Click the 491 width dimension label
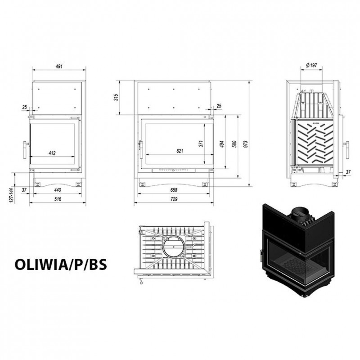(x=59, y=66)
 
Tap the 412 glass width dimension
(x=52, y=153)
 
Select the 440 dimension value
(x=58, y=190)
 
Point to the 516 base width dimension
(x=58, y=199)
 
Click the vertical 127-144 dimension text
(x=12, y=195)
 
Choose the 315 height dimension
(x=116, y=97)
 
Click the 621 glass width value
(x=180, y=151)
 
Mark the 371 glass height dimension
(x=201, y=144)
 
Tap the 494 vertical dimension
(x=222, y=144)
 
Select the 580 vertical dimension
(x=234, y=144)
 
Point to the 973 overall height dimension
(x=246, y=144)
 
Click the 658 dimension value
(x=174, y=190)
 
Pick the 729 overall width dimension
(x=174, y=199)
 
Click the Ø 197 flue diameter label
(x=311, y=65)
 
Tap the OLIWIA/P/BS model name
(x=61, y=264)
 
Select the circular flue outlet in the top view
(x=174, y=247)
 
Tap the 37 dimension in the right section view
(x=348, y=172)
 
